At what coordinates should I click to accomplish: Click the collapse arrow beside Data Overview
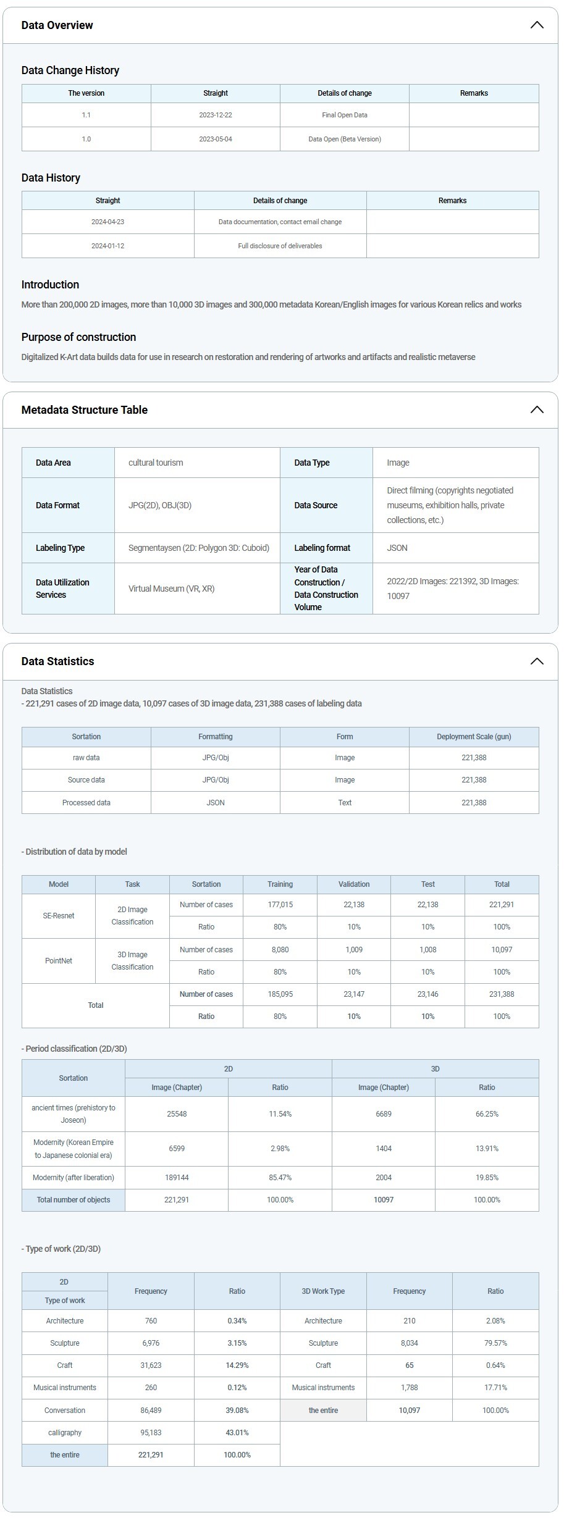(537, 25)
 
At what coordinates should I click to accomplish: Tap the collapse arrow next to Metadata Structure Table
(537, 410)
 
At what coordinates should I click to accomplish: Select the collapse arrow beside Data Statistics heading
(537, 661)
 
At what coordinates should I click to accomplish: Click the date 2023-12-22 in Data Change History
(216, 115)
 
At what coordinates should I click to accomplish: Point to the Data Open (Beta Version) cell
(345, 139)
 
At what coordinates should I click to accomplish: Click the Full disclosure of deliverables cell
(280, 246)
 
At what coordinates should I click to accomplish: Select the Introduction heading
(50, 285)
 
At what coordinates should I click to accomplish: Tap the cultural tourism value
(156, 463)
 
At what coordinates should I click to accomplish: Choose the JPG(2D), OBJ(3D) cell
(160, 505)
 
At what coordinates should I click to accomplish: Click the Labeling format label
(322, 548)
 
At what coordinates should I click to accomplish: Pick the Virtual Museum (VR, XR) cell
(171, 589)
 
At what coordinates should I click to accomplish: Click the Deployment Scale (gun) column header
(474, 737)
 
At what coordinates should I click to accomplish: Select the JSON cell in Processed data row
(216, 803)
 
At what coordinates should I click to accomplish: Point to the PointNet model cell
(59, 961)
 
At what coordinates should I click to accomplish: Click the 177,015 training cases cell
(280, 905)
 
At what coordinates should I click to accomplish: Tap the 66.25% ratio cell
(487, 1114)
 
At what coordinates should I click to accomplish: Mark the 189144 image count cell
(177, 1178)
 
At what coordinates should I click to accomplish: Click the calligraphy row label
(65, 1433)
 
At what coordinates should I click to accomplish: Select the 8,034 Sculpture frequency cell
(409, 1343)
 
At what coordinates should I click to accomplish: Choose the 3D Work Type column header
(323, 1291)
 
